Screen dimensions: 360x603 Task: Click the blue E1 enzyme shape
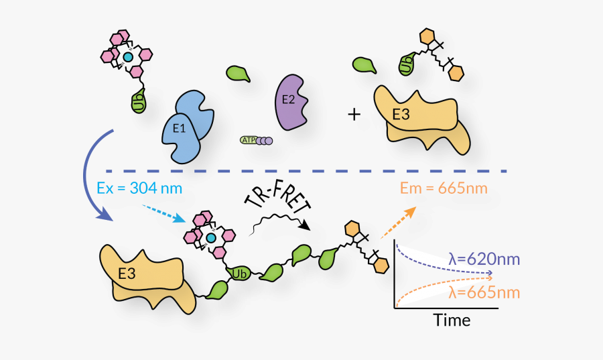(x=184, y=127)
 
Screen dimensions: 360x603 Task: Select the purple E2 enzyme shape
(x=292, y=101)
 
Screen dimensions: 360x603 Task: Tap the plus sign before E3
(x=354, y=115)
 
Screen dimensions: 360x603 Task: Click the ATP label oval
(x=248, y=140)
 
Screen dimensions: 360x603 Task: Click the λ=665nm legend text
(x=484, y=293)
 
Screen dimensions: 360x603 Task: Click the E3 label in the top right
(x=401, y=115)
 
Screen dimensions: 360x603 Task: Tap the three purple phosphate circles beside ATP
(x=265, y=140)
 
